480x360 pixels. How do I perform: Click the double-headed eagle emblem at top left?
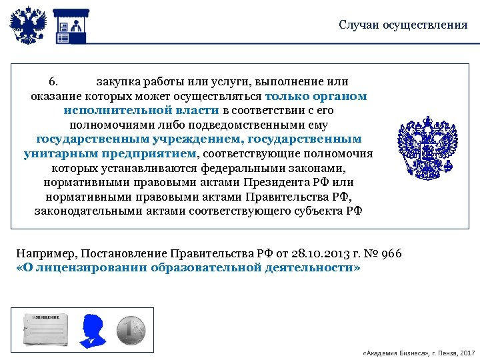(x=29, y=25)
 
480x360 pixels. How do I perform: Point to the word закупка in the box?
(x=121, y=82)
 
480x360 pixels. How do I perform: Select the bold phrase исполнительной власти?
(x=141, y=110)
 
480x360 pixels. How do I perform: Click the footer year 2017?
(x=467, y=351)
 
